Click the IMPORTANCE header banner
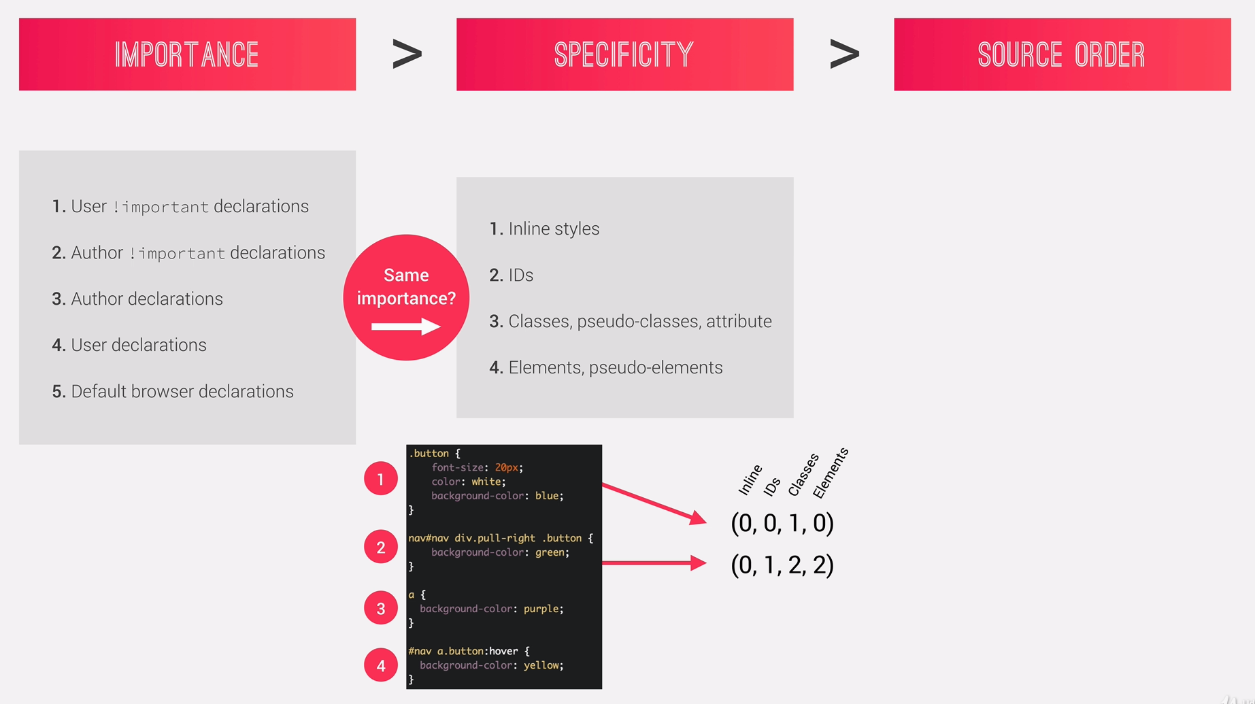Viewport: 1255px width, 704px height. tap(187, 54)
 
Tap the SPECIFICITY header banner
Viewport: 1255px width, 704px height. tap(624, 54)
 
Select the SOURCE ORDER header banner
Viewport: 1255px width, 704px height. tap(1062, 54)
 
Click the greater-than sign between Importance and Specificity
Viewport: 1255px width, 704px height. tap(407, 54)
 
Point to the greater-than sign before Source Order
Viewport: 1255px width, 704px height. tap(844, 54)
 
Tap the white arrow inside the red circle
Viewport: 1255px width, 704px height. tap(406, 327)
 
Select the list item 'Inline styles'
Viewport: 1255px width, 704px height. tap(553, 229)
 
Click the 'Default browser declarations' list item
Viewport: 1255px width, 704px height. tap(182, 392)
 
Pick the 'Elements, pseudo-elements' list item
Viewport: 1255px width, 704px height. tap(615, 368)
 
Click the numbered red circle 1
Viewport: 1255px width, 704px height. tap(381, 480)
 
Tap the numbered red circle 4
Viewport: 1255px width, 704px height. tap(381, 665)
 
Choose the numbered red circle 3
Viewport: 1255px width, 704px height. tap(381, 609)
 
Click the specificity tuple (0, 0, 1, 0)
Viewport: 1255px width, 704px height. tap(782, 523)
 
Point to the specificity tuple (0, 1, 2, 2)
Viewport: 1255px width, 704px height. tap(782, 565)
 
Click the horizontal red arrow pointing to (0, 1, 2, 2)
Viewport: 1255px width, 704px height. tap(653, 563)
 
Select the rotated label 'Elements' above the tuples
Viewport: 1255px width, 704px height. tap(831, 473)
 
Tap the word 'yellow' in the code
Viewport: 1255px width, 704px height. tap(542, 665)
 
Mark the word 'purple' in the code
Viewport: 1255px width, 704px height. tap(542, 609)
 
